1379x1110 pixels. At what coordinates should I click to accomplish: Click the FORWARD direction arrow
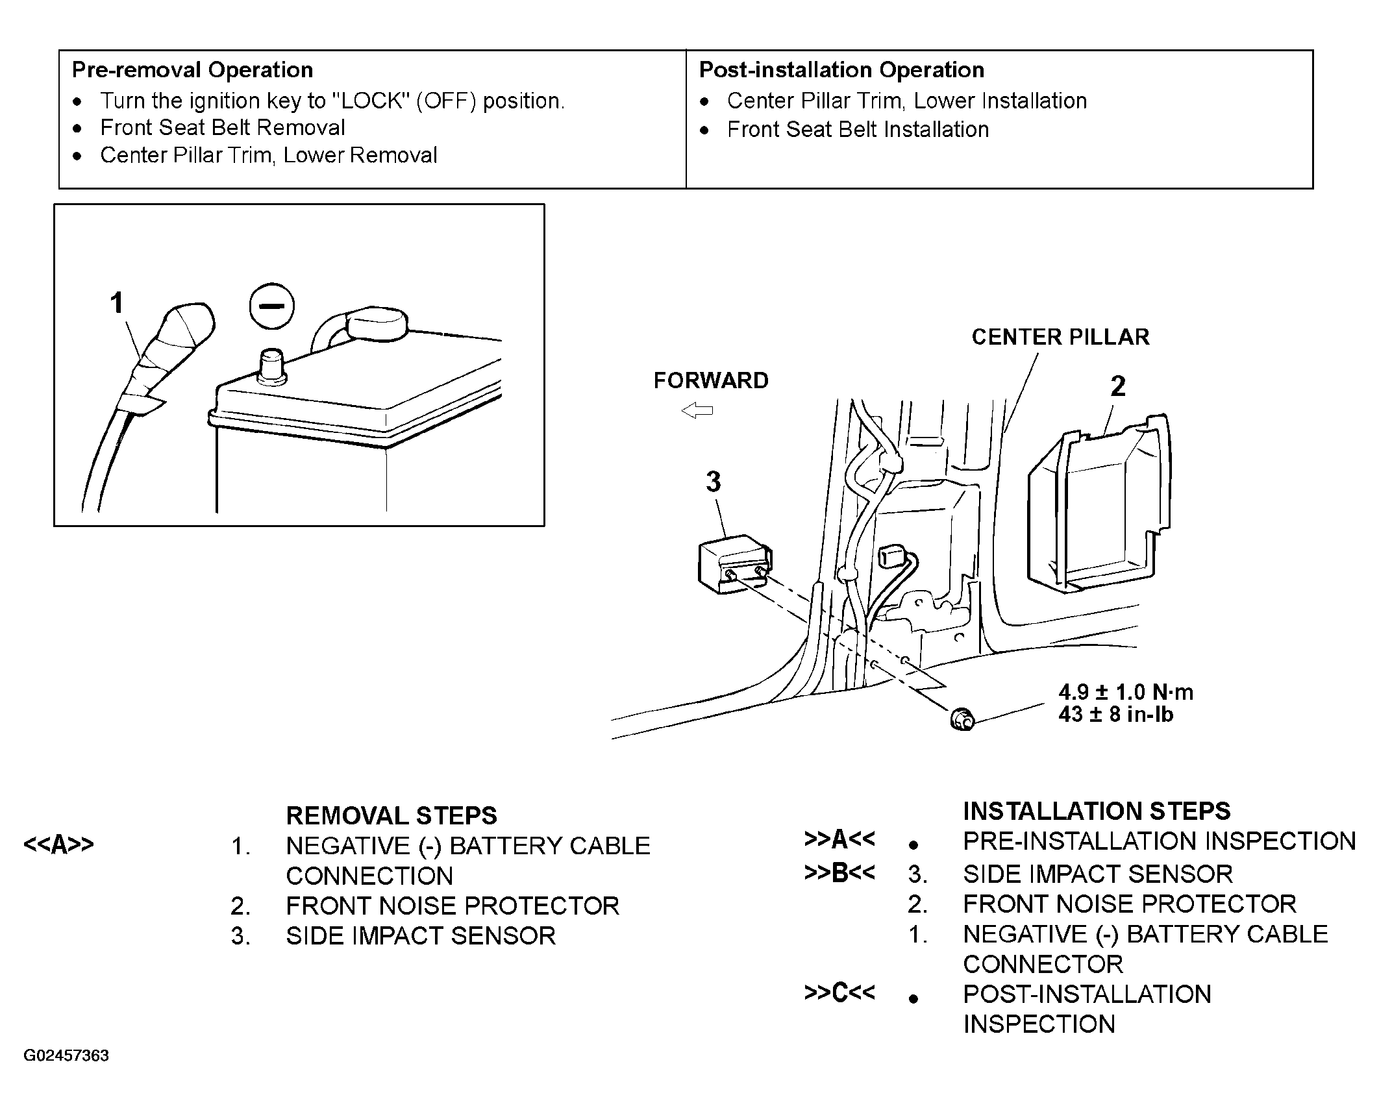[x=697, y=410]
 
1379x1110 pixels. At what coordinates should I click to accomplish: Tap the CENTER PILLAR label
[x=1060, y=337]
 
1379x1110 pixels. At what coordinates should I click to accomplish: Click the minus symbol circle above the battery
[x=272, y=306]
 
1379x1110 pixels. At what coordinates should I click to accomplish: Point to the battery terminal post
[x=271, y=367]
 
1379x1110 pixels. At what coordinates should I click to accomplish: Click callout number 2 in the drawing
[x=1118, y=386]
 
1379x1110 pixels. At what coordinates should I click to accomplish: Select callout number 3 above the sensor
[x=714, y=482]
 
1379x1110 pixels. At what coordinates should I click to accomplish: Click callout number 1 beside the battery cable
[x=117, y=303]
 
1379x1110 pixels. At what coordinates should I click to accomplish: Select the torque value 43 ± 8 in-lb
[x=1116, y=714]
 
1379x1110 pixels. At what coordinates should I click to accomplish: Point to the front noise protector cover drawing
[x=1100, y=503]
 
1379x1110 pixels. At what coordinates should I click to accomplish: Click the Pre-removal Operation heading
[x=192, y=70]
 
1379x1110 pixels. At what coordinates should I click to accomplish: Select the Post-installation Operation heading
[x=841, y=70]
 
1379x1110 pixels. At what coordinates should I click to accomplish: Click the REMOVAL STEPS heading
[x=391, y=815]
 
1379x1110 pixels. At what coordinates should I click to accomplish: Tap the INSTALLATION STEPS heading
[x=1097, y=811]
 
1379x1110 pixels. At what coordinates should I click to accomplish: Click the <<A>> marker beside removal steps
[x=58, y=845]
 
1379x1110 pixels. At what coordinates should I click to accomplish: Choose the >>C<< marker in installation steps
[x=839, y=993]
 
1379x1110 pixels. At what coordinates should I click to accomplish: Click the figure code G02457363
[x=66, y=1055]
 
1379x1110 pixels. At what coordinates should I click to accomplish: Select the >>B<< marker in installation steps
[x=839, y=873]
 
